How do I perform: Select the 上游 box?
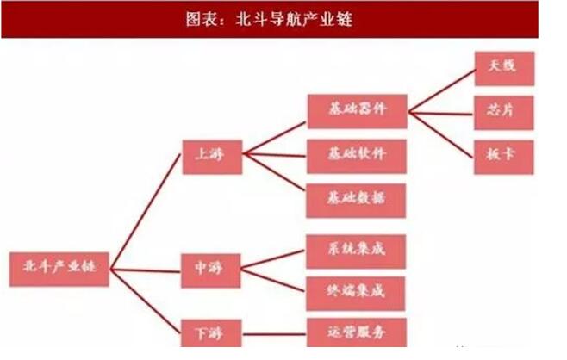(212, 155)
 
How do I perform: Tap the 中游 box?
(212, 270)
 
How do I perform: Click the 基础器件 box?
(357, 111)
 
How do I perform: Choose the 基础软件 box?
(357, 155)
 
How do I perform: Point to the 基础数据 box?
(357, 198)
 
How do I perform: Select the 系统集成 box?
(357, 251)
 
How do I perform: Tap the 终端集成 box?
(357, 292)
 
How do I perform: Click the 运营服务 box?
(357, 332)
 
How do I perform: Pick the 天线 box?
(504, 68)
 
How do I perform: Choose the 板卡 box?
(504, 156)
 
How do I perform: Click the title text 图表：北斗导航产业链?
(269, 18)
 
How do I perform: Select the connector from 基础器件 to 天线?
(441, 90)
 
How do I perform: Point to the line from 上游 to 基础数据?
(274, 177)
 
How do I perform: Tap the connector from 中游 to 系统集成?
(274, 261)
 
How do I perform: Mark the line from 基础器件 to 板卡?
(441, 133)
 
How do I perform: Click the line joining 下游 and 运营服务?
(274, 331)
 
